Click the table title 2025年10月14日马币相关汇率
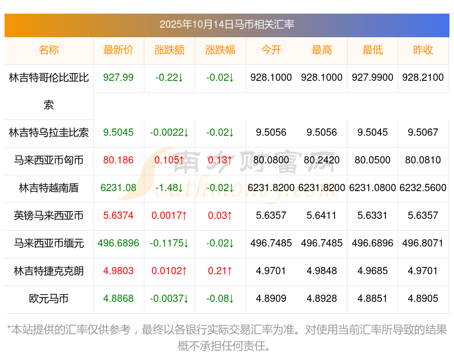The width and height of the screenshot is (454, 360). pos(227,25)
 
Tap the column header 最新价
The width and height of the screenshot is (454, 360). pos(118,50)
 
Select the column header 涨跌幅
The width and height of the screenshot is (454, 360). pos(220,50)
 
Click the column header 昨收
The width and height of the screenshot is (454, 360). pos(423,50)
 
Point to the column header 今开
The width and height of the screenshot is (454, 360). pos(271,50)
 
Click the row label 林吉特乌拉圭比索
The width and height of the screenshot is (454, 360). pos(49,133)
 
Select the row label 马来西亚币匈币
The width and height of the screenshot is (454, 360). pos(49,160)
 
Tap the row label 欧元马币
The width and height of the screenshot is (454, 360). pos(49,299)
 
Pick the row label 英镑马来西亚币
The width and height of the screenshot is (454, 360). pos(49,216)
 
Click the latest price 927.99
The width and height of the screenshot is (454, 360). pos(118,78)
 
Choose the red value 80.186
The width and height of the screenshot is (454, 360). pos(118,160)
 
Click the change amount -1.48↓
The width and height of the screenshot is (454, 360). pos(169,188)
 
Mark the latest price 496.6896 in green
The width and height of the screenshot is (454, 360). pos(118,243)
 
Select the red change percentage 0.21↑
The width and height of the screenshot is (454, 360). pos(220,271)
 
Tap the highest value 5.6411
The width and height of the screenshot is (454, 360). pos(322,216)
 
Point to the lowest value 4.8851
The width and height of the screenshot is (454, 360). pos(373,299)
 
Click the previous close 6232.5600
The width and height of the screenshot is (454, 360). pos(423,188)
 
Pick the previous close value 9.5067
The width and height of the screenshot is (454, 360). pos(423,133)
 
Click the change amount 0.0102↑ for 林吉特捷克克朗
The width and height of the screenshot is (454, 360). pos(169,271)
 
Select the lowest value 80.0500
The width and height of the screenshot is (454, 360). pos(373,160)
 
